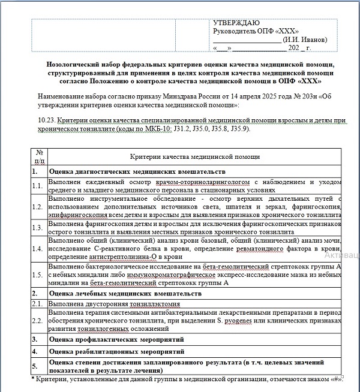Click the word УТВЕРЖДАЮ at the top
coord(236,23)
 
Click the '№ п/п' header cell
coord(40,156)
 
